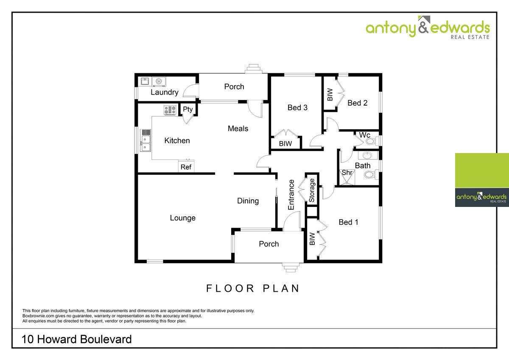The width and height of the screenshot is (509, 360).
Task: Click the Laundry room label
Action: tap(165, 92)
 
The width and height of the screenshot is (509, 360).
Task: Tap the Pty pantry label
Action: tap(187, 109)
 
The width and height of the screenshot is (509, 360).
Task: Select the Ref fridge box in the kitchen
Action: tap(186, 167)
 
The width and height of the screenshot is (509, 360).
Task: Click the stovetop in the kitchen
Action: tap(170, 110)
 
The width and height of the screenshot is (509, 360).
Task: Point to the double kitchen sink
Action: tap(145, 140)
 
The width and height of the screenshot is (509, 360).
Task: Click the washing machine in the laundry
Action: tap(159, 81)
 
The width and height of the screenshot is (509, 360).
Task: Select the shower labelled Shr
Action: tap(347, 177)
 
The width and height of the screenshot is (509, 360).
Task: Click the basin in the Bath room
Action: tap(367, 156)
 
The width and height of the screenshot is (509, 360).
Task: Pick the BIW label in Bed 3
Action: tap(285, 144)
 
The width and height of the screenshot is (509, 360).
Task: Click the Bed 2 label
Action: tap(358, 103)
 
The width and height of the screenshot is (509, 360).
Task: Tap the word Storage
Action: tap(311, 190)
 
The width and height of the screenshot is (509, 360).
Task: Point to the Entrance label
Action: tap(291, 195)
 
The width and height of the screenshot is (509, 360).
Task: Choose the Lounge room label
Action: tap(183, 218)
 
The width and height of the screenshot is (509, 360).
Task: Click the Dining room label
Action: tap(248, 201)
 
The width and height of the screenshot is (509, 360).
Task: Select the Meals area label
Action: tap(238, 128)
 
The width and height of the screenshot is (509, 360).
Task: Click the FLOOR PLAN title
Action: tap(253, 288)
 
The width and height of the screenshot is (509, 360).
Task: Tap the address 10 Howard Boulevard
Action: tap(77, 339)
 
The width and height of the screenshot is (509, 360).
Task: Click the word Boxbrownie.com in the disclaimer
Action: tap(38, 316)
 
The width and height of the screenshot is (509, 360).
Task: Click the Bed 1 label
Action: tap(348, 222)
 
